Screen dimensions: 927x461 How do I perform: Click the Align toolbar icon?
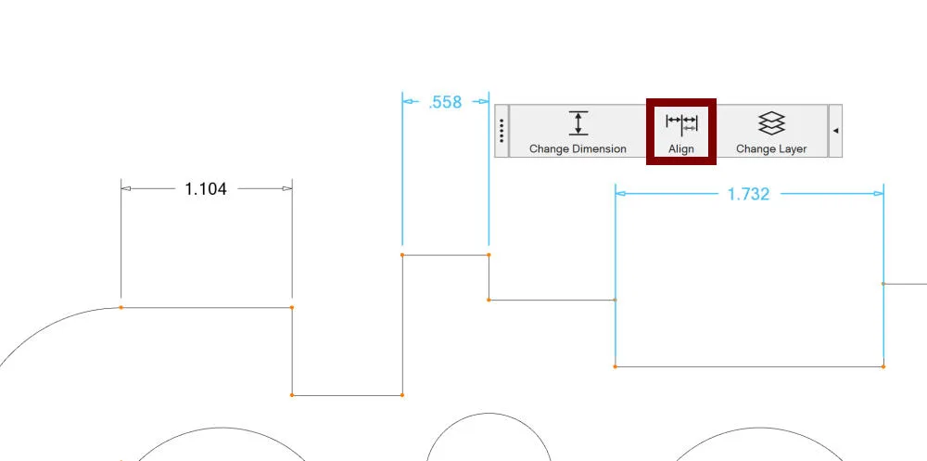[x=681, y=123]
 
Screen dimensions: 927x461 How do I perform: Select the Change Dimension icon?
[x=578, y=123]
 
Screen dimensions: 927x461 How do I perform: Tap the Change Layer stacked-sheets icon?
[x=771, y=123]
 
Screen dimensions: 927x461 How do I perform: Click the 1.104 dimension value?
[x=206, y=189]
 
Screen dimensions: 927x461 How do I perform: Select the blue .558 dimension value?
[x=445, y=102]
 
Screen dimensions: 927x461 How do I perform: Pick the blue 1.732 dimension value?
[x=748, y=194]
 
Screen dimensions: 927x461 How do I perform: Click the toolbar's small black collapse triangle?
[x=835, y=131]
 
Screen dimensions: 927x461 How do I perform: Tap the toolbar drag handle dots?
[x=502, y=131]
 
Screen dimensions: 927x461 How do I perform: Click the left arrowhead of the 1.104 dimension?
[x=126, y=189]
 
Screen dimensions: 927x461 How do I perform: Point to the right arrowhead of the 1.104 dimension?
[x=286, y=189]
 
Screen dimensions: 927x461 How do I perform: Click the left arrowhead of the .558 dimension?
[x=407, y=102]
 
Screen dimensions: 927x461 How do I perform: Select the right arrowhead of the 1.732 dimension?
[x=879, y=193]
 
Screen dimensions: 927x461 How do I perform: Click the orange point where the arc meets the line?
[x=121, y=308]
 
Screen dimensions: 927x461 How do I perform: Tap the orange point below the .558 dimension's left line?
[x=402, y=255]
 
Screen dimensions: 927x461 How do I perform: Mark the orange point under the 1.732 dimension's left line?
[x=616, y=367]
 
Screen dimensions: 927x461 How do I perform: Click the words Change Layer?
[x=771, y=149]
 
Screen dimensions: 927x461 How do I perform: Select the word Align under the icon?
[x=681, y=149]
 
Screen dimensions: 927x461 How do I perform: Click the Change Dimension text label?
[x=578, y=149]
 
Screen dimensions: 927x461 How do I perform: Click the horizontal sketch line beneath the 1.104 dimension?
[x=207, y=308]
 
